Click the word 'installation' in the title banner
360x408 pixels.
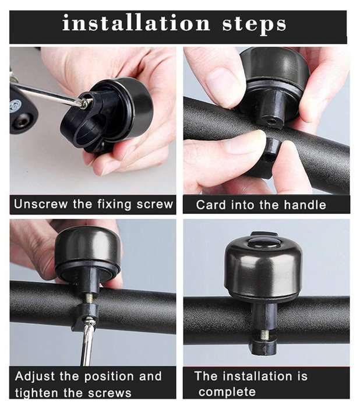pos(136,23)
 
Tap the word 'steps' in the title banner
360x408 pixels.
pos(254,24)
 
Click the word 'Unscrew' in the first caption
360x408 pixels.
pos(41,204)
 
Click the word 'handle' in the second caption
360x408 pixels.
pos(305,205)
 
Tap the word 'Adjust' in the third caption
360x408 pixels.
pos(34,377)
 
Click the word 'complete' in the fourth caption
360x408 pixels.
pos(227,392)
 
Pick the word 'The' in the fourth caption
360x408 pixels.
pos(206,376)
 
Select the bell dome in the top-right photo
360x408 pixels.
pos(274,69)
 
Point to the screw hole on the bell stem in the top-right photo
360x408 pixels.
pos(272,121)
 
